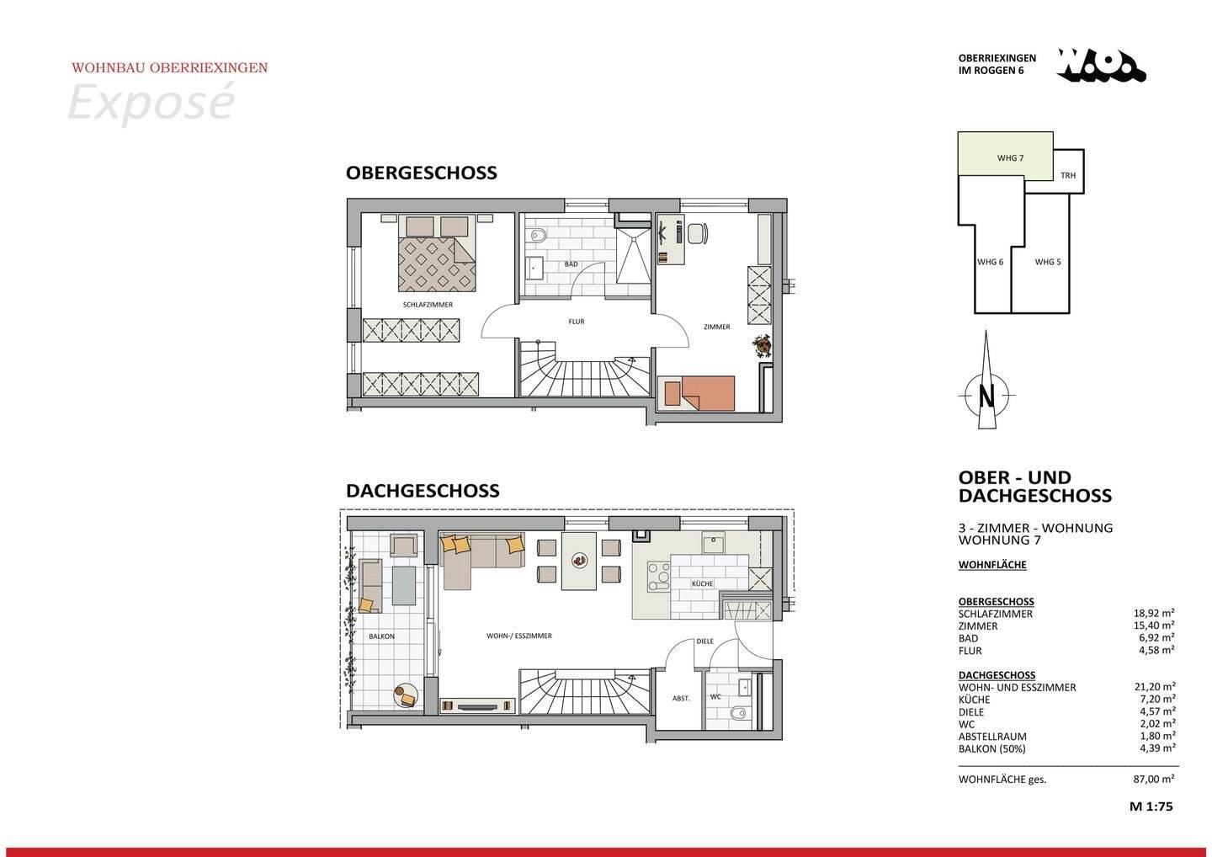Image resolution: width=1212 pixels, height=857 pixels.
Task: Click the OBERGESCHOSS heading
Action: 421,173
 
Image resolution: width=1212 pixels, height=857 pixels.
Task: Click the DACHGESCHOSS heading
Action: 423,490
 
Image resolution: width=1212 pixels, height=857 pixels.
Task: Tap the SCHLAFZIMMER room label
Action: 428,305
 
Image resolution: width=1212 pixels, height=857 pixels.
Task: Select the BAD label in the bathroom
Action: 571,264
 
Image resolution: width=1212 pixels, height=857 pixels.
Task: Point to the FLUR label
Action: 576,322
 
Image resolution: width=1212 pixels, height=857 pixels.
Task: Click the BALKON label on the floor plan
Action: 381,636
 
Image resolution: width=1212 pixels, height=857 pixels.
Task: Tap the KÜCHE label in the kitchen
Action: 702,583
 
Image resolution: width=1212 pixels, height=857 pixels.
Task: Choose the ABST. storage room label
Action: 681,698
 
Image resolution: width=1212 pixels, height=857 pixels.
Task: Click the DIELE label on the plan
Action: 704,641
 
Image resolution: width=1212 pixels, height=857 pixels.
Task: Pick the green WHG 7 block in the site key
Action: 1006,156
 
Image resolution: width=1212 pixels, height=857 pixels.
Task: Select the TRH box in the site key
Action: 1068,176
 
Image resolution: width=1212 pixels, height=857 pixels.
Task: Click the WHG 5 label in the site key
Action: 1048,262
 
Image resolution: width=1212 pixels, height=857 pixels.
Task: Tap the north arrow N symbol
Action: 987,394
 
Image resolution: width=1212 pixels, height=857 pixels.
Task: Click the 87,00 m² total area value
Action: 1155,780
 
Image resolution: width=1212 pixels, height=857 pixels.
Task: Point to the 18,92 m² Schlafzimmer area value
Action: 1155,614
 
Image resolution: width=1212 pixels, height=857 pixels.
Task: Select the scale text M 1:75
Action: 1151,806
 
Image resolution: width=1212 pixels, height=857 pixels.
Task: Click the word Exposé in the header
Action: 150,103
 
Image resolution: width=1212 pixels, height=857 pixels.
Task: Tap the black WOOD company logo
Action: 1102,66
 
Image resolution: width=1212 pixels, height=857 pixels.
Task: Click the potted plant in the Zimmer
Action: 763,344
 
